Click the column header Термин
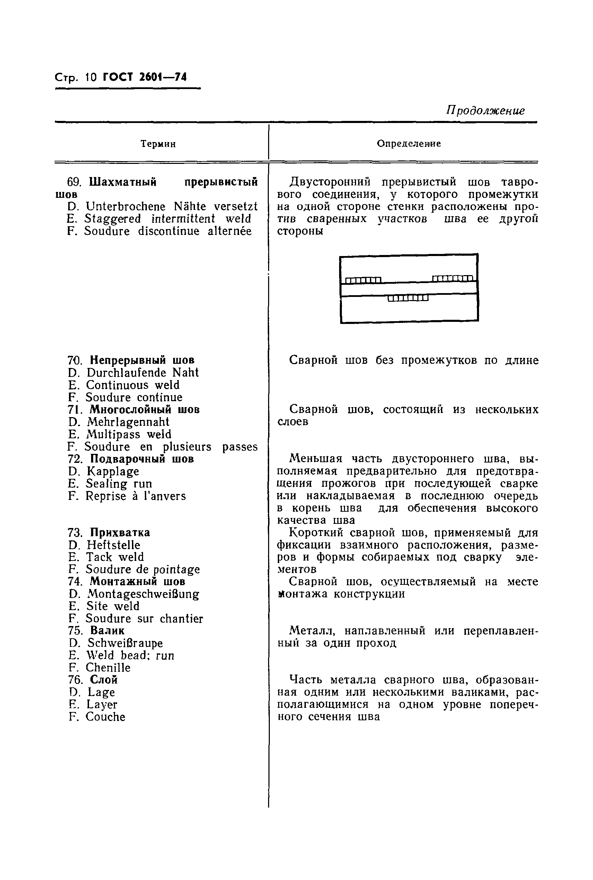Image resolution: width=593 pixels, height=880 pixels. (158, 144)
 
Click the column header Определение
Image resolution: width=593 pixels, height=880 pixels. (408, 144)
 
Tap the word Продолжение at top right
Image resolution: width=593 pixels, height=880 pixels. (485, 111)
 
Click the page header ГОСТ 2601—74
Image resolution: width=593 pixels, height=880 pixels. (145, 78)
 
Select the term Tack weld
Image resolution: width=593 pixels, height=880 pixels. (115, 557)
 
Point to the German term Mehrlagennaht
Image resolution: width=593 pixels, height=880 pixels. (128, 422)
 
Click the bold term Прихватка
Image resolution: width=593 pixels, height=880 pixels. (120, 533)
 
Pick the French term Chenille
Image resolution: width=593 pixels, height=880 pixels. (108, 668)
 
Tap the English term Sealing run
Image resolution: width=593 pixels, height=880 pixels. (119, 484)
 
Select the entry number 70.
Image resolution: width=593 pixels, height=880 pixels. (75, 360)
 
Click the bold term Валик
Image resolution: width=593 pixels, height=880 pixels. (107, 631)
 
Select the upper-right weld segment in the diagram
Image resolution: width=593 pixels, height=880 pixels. (452, 279)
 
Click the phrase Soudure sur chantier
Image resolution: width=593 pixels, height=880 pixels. (144, 619)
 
